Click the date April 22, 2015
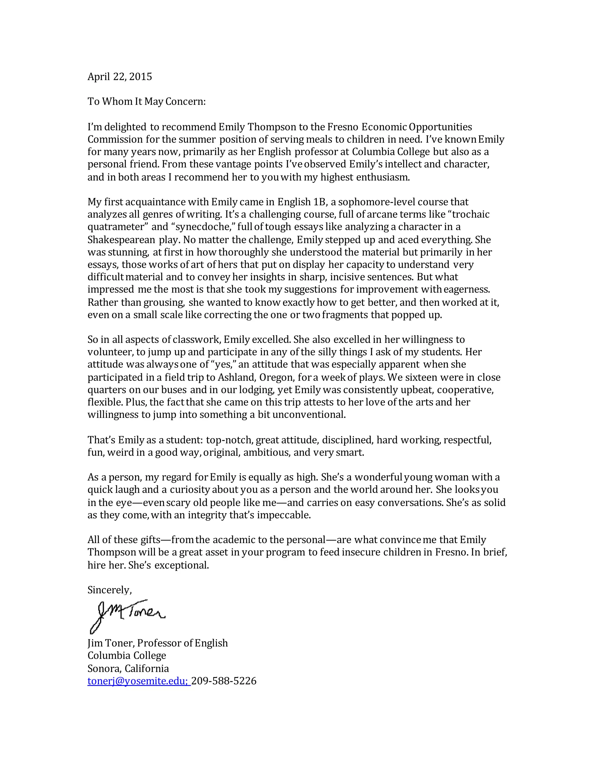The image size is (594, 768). click(x=120, y=77)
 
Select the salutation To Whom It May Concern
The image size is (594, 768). click(x=146, y=102)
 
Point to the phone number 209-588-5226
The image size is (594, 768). click(x=224, y=681)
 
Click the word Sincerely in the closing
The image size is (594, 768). click(x=109, y=590)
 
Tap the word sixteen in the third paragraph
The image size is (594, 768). click(x=421, y=377)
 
